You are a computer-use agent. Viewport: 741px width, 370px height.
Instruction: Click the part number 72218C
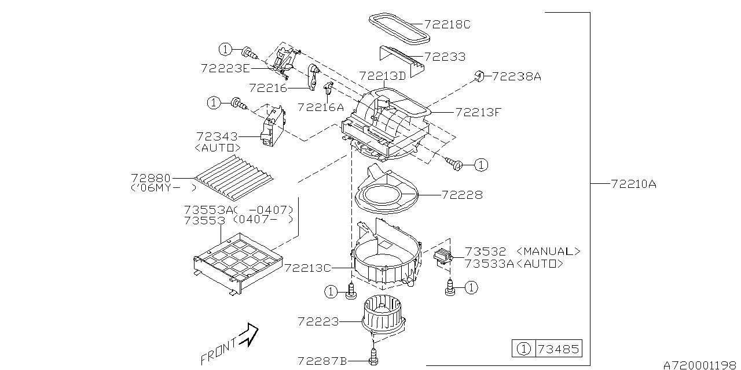pyautogui.click(x=447, y=24)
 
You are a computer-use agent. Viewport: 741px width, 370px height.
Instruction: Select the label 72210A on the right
pyautogui.click(x=633, y=184)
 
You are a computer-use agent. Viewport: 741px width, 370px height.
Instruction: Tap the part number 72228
pyautogui.click(x=461, y=195)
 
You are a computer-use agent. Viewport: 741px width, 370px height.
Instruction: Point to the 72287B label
pyautogui.click(x=322, y=361)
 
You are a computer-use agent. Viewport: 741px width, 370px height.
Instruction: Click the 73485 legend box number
pyautogui.click(x=557, y=349)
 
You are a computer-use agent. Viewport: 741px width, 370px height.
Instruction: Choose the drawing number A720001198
pyautogui.click(x=701, y=365)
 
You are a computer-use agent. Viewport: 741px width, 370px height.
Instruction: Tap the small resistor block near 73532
pyautogui.click(x=444, y=255)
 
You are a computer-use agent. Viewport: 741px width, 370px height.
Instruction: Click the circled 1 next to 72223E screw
pyautogui.click(x=225, y=49)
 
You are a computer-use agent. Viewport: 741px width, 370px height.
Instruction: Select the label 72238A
pyautogui.click(x=516, y=76)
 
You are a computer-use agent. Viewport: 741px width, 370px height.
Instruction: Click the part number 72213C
pyautogui.click(x=307, y=268)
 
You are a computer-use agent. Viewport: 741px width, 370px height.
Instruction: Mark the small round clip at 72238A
pyautogui.click(x=479, y=75)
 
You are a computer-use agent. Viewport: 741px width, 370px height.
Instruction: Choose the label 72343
pyautogui.click(x=217, y=137)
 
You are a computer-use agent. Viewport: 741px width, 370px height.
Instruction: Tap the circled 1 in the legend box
pyautogui.click(x=523, y=349)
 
